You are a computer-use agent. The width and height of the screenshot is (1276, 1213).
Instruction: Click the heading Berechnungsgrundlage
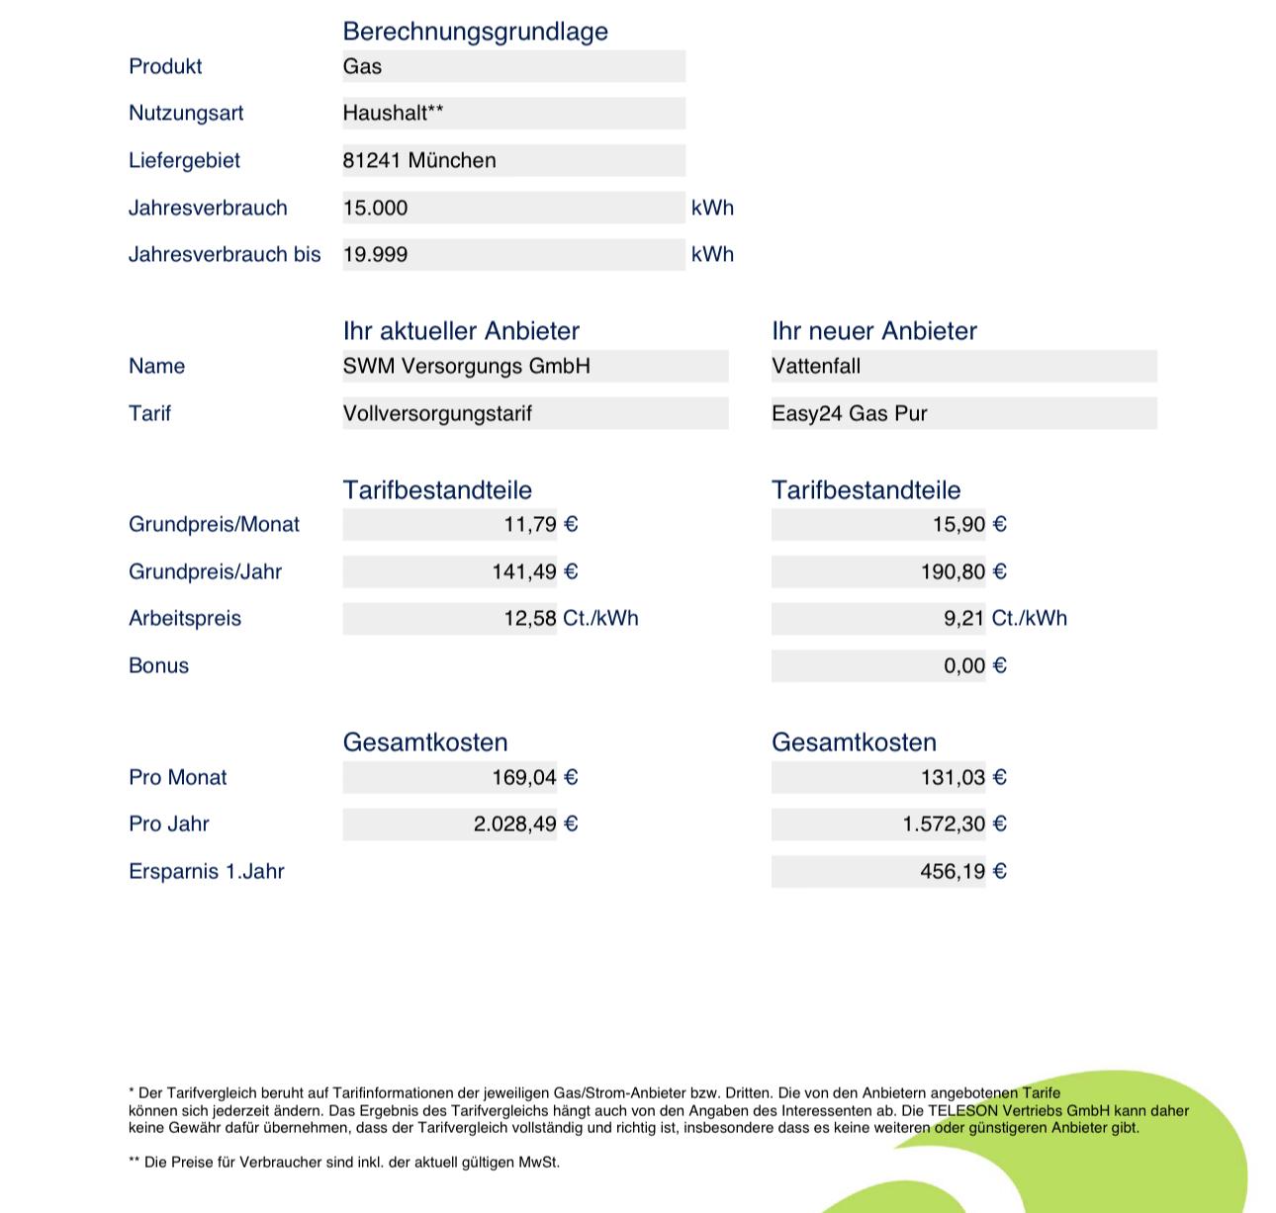[475, 32]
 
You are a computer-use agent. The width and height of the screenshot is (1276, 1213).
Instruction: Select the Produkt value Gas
[362, 66]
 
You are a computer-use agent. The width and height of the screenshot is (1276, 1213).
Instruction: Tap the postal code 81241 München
[419, 160]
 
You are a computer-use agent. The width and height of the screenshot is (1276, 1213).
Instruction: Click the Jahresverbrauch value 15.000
[375, 208]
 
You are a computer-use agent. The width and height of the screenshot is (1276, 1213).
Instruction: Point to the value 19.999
[375, 254]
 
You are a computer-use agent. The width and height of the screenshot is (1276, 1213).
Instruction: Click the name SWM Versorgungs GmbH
[466, 366]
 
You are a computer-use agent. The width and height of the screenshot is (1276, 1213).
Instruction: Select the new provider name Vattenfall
[816, 366]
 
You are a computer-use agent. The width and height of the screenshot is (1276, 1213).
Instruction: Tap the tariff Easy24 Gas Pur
[849, 413]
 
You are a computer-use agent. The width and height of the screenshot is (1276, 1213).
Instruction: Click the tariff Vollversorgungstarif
[437, 413]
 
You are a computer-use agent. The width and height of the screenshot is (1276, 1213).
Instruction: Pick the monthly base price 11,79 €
[540, 524]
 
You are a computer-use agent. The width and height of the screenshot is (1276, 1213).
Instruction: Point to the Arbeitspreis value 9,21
[963, 619]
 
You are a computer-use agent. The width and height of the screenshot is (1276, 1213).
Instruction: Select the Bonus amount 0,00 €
[974, 665]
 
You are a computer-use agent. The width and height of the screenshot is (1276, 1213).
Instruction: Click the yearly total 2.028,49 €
[525, 823]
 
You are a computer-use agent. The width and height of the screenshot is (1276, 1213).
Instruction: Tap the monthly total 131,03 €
[962, 777]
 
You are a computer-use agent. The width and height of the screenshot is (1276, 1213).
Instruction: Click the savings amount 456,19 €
[962, 871]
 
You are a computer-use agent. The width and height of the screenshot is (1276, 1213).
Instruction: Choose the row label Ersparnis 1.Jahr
[206, 871]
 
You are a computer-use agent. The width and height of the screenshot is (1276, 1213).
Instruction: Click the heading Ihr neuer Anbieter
[873, 331]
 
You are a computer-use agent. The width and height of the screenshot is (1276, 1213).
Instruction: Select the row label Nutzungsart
[186, 113]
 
